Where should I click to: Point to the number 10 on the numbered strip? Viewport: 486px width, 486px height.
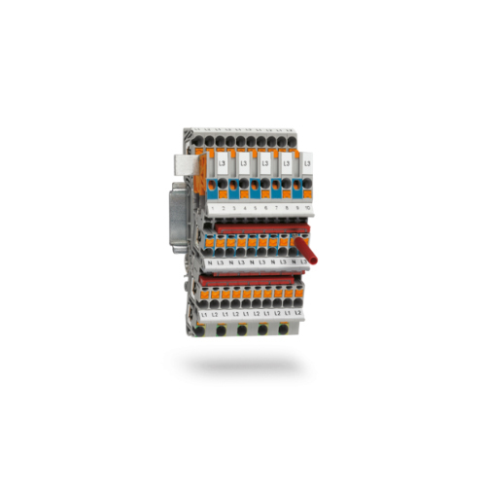click(307, 208)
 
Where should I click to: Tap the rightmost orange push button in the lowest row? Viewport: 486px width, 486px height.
click(297, 293)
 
